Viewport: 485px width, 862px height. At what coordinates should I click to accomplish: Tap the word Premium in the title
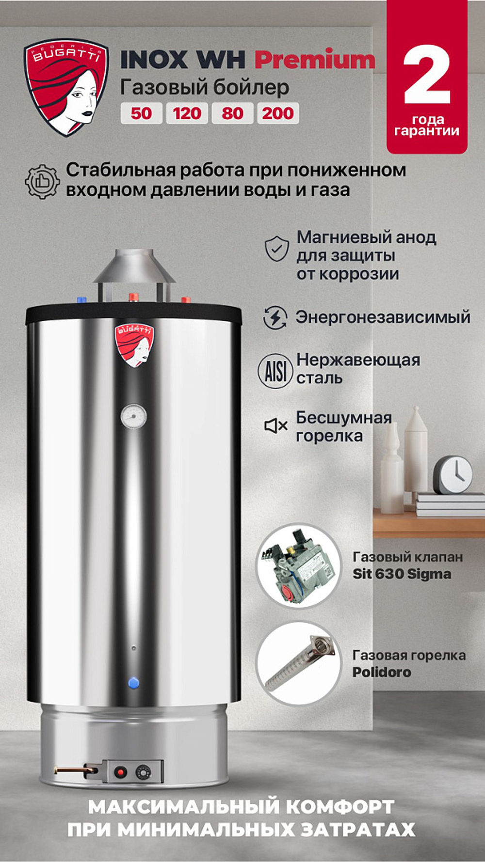tap(315, 60)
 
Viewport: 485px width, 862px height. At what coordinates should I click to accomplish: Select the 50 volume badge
tap(141, 113)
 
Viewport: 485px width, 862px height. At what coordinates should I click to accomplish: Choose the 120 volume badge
tap(187, 113)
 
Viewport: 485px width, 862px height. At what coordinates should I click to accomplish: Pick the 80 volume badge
tap(232, 113)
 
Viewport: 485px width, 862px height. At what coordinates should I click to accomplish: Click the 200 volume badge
tap(278, 113)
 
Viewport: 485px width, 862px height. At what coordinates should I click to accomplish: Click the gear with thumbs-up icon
tap(42, 181)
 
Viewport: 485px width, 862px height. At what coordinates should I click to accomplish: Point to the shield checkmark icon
tap(276, 249)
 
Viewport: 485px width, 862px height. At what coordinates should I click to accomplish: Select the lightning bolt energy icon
tap(275, 318)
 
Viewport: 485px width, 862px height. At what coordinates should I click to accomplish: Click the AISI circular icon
tap(275, 371)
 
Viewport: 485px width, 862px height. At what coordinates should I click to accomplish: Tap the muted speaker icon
tap(275, 426)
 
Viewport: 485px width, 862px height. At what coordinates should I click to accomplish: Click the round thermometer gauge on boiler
tap(133, 416)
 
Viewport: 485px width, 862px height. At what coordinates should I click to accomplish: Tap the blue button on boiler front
tap(134, 683)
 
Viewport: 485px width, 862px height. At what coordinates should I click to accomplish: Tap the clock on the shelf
tap(453, 475)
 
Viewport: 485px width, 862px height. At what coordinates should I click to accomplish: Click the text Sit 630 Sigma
tap(402, 574)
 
